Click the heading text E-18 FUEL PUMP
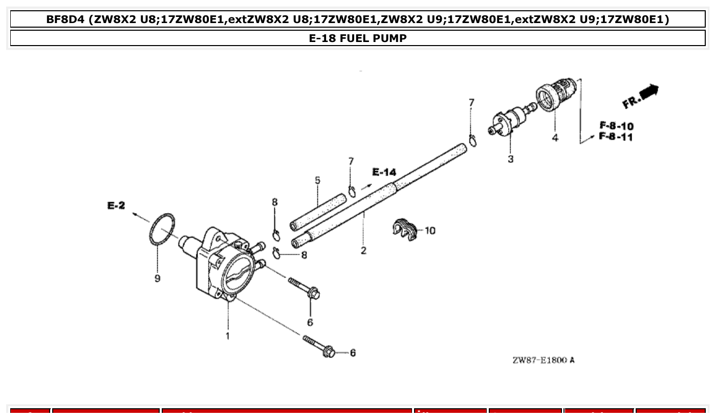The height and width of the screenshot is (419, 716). [x=358, y=38]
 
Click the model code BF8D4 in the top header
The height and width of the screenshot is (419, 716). [x=65, y=19]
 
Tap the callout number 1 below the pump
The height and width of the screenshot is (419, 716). [x=228, y=336]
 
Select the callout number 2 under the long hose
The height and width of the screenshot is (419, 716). [x=363, y=250]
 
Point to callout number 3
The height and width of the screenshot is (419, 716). [x=510, y=159]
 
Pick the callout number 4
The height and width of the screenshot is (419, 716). [x=555, y=138]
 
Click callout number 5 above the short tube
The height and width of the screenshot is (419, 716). [x=317, y=180]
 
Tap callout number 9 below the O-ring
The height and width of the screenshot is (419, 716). [x=157, y=278]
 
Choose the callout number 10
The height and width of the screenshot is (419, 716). [x=430, y=231]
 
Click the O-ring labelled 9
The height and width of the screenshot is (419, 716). [x=162, y=229]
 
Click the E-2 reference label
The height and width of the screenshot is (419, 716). [x=116, y=205]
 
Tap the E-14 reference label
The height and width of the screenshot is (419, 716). [x=384, y=172]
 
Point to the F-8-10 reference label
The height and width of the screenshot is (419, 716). [x=616, y=126]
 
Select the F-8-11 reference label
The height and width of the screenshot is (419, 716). [x=616, y=137]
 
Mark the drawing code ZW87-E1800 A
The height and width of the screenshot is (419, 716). [x=543, y=360]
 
